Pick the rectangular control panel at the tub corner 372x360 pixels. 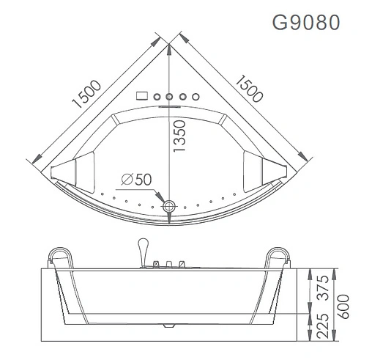click(x=142, y=96)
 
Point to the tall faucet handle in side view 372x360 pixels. click(x=141, y=249)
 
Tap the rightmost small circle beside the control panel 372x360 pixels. click(x=196, y=96)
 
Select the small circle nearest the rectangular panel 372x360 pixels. click(x=156, y=96)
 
